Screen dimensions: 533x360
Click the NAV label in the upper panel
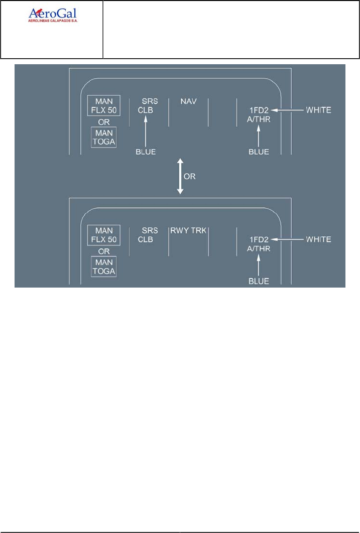click(x=188, y=101)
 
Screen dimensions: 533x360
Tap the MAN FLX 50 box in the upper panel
click(x=103, y=105)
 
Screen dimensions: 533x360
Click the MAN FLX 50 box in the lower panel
click(x=103, y=235)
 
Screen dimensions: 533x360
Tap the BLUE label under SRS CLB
click(x=146, y=151)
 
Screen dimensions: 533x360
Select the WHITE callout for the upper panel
click(x=318, y=110)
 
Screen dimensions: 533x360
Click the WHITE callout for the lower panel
click(x=318, y=239)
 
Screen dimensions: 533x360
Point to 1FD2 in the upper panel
click(x=260, y=110)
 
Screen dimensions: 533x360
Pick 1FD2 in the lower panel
click(x=260, y=240)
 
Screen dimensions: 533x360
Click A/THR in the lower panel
click(x=260, y=248)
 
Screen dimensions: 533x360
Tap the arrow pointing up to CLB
click(x=146, y=130)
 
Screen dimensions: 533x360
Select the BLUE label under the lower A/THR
click(x=259, y=281)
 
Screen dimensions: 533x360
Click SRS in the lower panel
click(x=150, y=231)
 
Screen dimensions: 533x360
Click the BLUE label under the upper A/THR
click(x=259, y=151)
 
